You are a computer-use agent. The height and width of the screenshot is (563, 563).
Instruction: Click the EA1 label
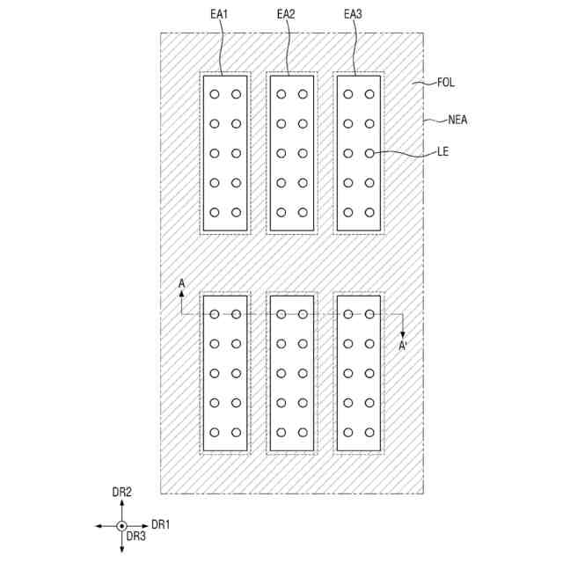(x=219, y=14)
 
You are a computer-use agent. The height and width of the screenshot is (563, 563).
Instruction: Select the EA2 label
(x=286, y=14)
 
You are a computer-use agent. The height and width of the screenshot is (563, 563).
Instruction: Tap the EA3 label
(x=353, y=14)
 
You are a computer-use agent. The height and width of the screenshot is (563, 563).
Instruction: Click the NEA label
(x=457, y=120)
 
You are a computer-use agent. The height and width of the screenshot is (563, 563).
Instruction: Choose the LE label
(x=443, y=152)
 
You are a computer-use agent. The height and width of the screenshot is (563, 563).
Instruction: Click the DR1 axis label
(x=160, y=524)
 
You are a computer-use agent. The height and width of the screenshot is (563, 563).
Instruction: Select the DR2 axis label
(x=121, y=493)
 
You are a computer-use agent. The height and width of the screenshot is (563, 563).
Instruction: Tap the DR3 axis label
(x=135, y=536)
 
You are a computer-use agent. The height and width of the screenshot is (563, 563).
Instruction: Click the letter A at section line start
(x=181, y=283)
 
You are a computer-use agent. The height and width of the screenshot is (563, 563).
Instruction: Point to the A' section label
(x=403, y=346)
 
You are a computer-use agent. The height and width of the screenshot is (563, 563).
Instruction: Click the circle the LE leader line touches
(x=369, y=153)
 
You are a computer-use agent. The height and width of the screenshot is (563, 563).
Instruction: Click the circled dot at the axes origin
(x=121, y=525)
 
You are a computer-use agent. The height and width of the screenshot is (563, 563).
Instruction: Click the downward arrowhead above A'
(x=402, y=333)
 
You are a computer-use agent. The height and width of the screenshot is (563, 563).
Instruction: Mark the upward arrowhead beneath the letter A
(x=181, y=296)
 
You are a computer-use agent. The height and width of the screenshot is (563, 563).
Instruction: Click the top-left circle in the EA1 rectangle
(x=215, y=93)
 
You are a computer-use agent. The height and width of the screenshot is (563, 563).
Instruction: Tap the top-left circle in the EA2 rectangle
(x=281, y=93)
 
